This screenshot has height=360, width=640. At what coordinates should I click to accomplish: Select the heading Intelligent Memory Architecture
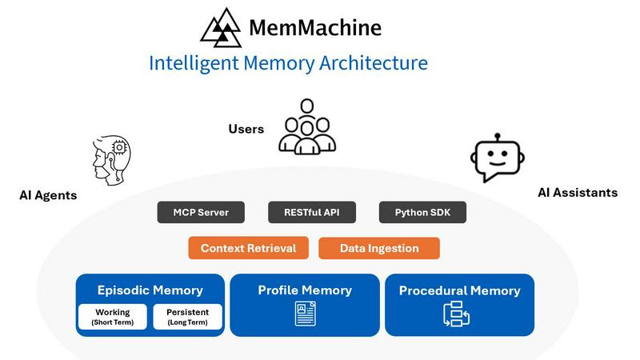coord(288,62)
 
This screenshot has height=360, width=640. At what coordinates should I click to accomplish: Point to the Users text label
coord(246,129)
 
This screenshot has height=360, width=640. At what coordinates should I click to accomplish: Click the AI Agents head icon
coord(107,159)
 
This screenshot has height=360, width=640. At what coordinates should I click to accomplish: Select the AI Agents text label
coord(48,195)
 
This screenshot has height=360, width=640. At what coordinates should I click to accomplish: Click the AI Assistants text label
coord(578,193)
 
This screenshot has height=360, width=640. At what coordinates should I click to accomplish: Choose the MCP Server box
coord(201,213)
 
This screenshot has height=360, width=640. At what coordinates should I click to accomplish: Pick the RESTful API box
coord(311,213)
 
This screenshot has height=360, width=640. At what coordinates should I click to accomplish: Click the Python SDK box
coord(422,213)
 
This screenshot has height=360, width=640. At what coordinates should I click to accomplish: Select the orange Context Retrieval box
coord(248,248)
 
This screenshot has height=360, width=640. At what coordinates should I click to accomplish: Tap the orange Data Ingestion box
coord(379,248)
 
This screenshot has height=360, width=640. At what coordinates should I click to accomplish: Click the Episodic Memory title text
coord(150,290)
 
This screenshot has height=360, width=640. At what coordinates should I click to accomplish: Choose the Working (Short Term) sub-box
coord(112,317)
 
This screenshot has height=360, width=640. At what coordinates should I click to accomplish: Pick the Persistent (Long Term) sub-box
coord(187,317)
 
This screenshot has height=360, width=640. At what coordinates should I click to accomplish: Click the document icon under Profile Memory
coord(305,314)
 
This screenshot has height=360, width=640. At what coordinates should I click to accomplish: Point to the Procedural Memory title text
coord(459,290)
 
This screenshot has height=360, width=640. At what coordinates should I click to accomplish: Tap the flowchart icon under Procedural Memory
coord(456,315)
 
